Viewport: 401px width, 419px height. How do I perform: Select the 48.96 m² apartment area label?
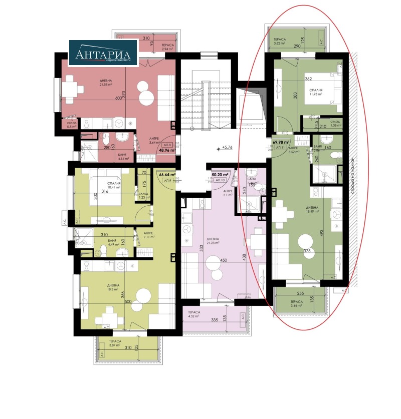click(167, 149)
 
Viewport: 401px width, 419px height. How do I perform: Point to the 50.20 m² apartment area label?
click(220, 175)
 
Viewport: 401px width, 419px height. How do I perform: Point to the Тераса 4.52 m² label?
click(194, 314)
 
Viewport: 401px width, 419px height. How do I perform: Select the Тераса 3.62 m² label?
click(280, 41)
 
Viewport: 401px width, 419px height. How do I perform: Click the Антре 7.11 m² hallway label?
click(148, 236)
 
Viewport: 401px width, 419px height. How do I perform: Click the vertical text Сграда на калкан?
click(353, 175)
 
